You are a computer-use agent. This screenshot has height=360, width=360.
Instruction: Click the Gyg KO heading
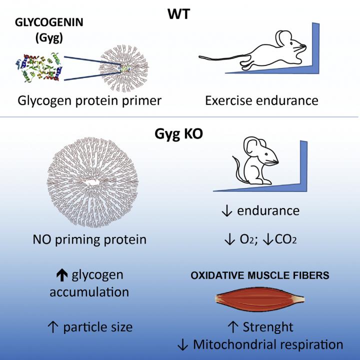click(x=179, y=133)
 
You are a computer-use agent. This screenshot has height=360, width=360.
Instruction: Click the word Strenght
click(x=268, y=327)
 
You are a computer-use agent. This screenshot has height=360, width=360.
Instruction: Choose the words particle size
click(x=98, y=327)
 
